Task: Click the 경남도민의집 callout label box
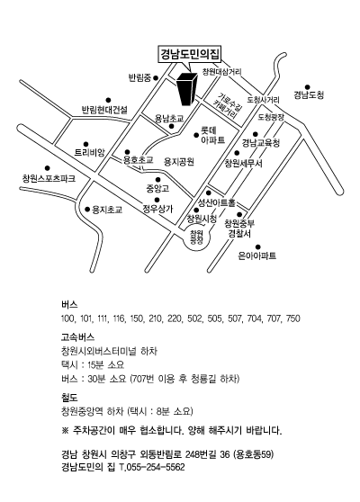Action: coord(190,54)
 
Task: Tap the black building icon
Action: coord(186,89)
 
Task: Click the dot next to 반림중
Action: coord(156,77)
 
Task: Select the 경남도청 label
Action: coord(309,95)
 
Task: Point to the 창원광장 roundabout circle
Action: coord(196,238)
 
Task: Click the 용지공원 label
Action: coord(179,162)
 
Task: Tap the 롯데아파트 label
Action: coord(213,135)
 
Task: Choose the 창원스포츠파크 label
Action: coord(49,178)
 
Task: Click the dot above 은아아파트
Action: coord(257,247)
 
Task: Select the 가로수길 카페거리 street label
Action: coord(227,105)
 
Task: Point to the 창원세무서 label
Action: coord(243,163)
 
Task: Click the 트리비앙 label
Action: coord(90,152)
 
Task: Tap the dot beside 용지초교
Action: coord(87,210)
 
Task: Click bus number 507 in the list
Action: coord(234,318)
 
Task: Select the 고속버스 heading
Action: coord(77,337)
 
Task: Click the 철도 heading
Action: coord(69,398)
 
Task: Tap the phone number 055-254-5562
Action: coord(156,467)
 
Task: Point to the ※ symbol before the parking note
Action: coord(65,430)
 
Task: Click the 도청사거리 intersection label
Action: coord(264,100)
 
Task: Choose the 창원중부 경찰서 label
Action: coord(239,229)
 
